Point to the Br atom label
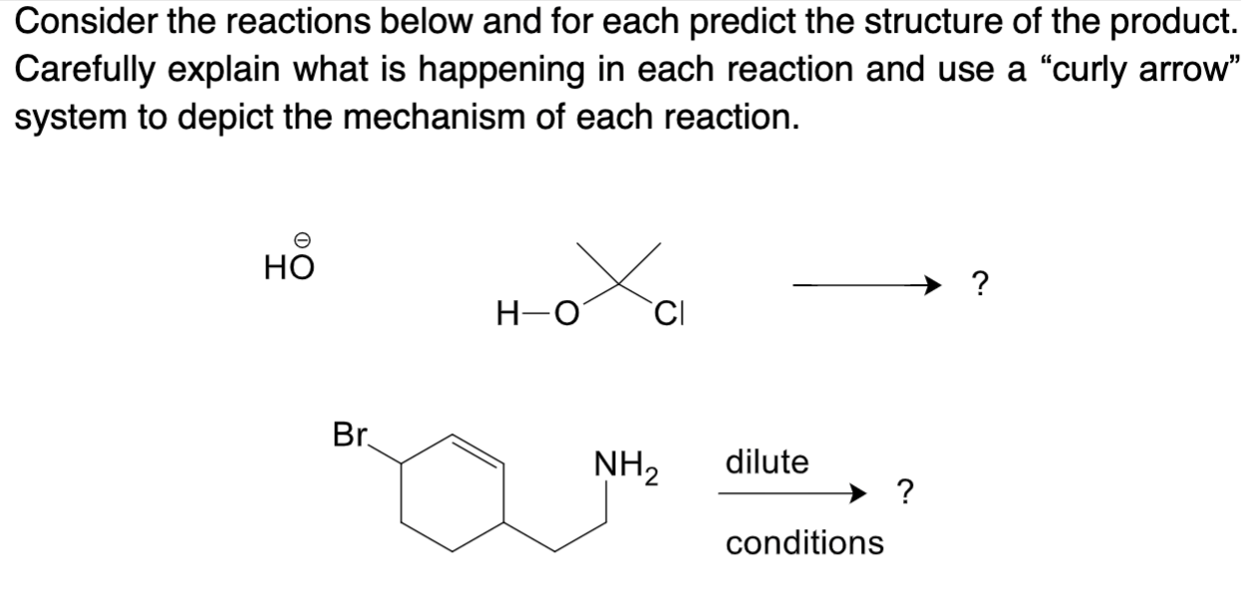point(350,435)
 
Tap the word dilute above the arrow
point(767,462)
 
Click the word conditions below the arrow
point(803,543)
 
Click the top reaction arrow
point(867,288)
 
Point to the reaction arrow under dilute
point(792,491)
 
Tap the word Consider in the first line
point(79,22)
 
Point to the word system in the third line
point(62,117)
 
